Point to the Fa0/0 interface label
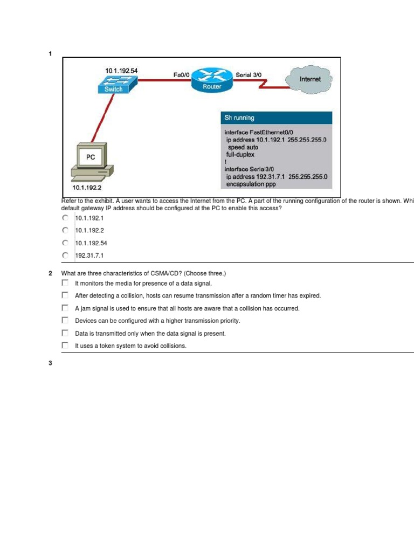coord(182,75)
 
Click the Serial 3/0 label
coord(249,75)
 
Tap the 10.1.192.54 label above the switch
coord(121,71)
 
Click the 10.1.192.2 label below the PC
coord(87,188)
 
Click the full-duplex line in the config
coord(240,154)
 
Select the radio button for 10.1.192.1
coord(65,218)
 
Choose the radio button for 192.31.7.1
coord(65,256)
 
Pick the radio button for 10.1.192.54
coord(65,243)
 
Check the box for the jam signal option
coord(65,308)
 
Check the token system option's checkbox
coord(65,346)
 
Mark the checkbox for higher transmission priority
coord(65,321)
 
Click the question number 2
coord(50,273)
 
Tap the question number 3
coord(50,363)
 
